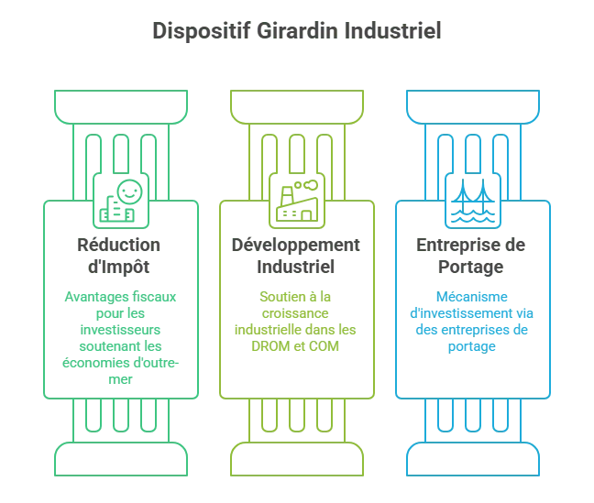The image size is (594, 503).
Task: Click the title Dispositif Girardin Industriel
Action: click(297, 33)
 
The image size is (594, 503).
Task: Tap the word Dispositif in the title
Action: click(189, 33)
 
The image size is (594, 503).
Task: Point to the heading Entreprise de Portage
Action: click(476, 256)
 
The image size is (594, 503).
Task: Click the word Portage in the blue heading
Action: click(476, 268)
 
